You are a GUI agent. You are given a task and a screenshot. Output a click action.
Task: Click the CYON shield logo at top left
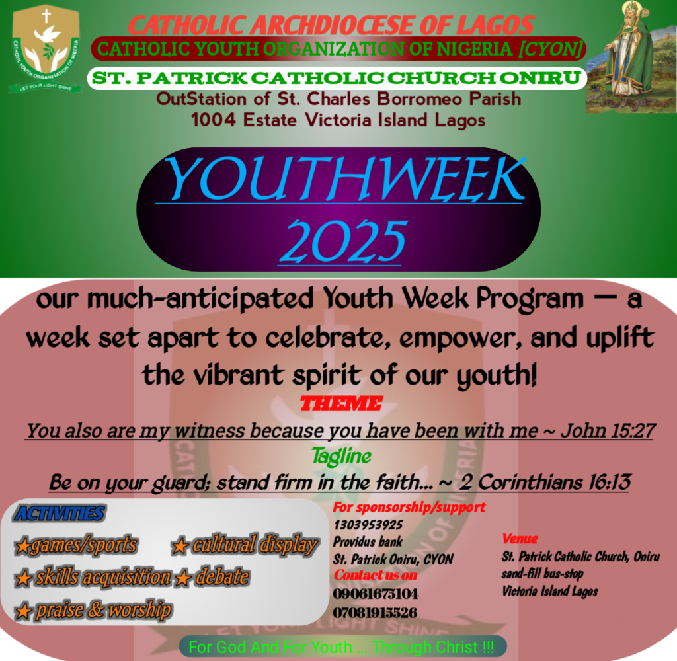click(x=46, y=49)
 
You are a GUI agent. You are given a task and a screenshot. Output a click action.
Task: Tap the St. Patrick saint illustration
click(x=631, y=57)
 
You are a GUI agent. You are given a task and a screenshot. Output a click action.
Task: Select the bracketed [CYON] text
click(x=551, y=49)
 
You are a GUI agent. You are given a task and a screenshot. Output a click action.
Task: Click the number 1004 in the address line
click(x=214, y=120)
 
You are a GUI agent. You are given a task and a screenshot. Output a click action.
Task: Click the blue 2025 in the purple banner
click(x=343, y=241)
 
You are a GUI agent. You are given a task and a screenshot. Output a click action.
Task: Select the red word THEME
click(x=341, y=404)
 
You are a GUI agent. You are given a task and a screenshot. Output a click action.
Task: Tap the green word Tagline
click(x=341, y=456)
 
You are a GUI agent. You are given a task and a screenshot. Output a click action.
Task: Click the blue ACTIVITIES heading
click(x=60, y=514)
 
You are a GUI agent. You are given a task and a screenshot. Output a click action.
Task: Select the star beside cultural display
click(x=180, y=546)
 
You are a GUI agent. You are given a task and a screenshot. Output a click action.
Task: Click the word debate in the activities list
click(x=222, y=577)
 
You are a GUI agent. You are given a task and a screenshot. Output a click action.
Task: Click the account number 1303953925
click(x=368, y=525)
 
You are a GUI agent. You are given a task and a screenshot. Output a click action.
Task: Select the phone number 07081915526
click(x=375, y=613)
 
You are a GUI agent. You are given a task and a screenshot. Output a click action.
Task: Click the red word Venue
click(x=520, y=539)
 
